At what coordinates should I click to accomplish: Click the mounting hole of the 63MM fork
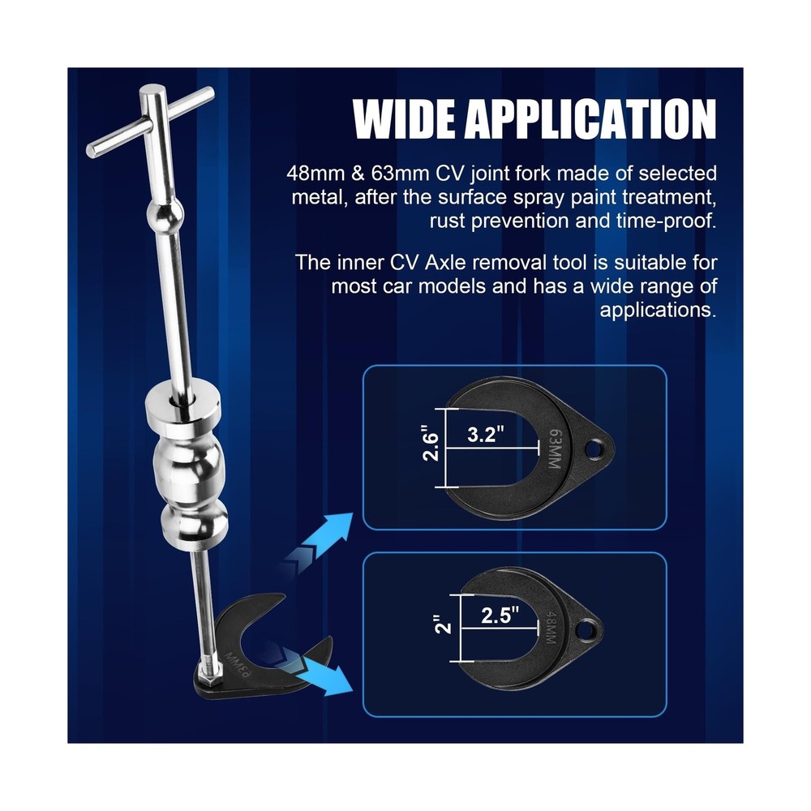(x=599, y=446)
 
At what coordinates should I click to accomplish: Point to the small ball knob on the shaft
(x=160, y=217)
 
